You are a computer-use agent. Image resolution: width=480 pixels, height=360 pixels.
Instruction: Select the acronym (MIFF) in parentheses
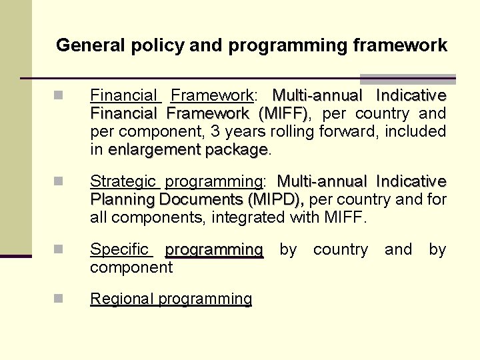click(x=283, y=113)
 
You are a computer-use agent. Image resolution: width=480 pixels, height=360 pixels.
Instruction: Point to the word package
click(x=236, y=150)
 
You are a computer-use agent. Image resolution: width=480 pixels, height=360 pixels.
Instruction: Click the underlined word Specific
click(x=119, y=249)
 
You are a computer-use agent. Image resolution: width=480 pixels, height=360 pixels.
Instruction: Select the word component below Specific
click(x=131, y=267)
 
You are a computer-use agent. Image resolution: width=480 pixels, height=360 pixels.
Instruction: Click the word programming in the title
click(x=288, y=46)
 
